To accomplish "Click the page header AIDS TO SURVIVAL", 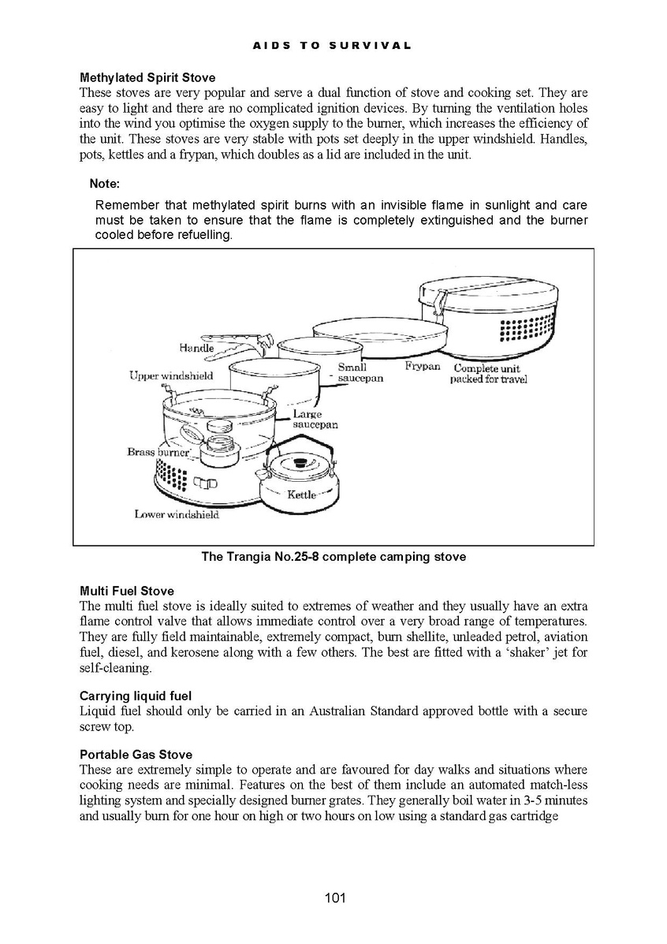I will pos(332,46).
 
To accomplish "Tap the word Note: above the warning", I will pos(104,184).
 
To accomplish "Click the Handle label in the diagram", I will pos(196,348).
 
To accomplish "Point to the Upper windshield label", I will pos(171,376).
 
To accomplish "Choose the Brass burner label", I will pos(158,453).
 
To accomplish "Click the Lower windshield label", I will pos(177,515).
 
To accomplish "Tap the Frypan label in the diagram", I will pos(423,367).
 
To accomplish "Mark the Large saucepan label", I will pos(315,420).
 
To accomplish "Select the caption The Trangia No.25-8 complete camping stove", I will pos(333,557).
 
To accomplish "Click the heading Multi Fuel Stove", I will pos(127,591).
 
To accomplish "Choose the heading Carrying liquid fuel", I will pos(136,696).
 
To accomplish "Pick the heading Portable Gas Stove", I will pos(136,755).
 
